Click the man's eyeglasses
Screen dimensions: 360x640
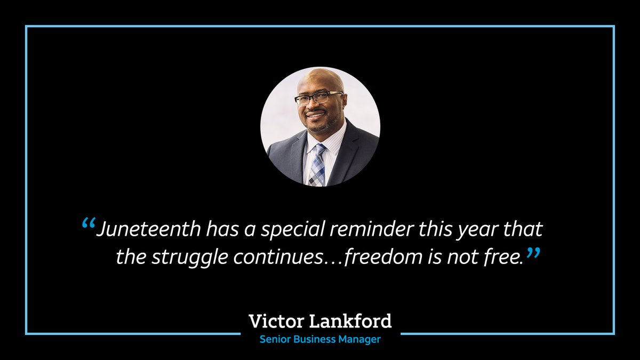(x=318, y=98)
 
